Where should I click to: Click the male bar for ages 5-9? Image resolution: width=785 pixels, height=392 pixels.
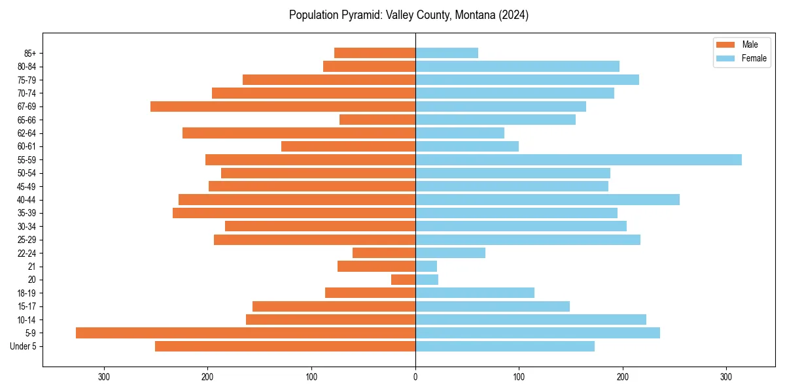[245, 333]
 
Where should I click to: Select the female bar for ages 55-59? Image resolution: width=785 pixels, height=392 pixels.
[578, 159]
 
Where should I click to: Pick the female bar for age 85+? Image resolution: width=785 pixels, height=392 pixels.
[447, 53]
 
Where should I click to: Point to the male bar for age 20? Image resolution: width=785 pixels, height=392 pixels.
[403, 280]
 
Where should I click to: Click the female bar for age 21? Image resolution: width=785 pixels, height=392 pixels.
[426, 266]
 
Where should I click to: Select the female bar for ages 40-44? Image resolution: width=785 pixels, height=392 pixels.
[548, 199]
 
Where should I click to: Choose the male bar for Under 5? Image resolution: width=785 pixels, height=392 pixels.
[285, 346]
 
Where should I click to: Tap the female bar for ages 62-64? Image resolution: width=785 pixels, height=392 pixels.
[460, 133]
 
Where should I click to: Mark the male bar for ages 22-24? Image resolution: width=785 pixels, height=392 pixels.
[384, 253]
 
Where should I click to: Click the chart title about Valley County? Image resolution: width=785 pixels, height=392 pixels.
[409, 15]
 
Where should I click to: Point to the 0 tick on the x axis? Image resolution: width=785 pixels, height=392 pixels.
[415, 377]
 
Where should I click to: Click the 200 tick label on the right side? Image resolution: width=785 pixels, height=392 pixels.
[623, 377]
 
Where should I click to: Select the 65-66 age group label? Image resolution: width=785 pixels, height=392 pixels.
[26, 120]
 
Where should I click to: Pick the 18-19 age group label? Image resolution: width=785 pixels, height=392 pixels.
[26, 293]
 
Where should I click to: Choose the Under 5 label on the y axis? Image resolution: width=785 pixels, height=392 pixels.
[24, 346]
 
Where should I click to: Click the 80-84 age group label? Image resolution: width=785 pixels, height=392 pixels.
[26, 67]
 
